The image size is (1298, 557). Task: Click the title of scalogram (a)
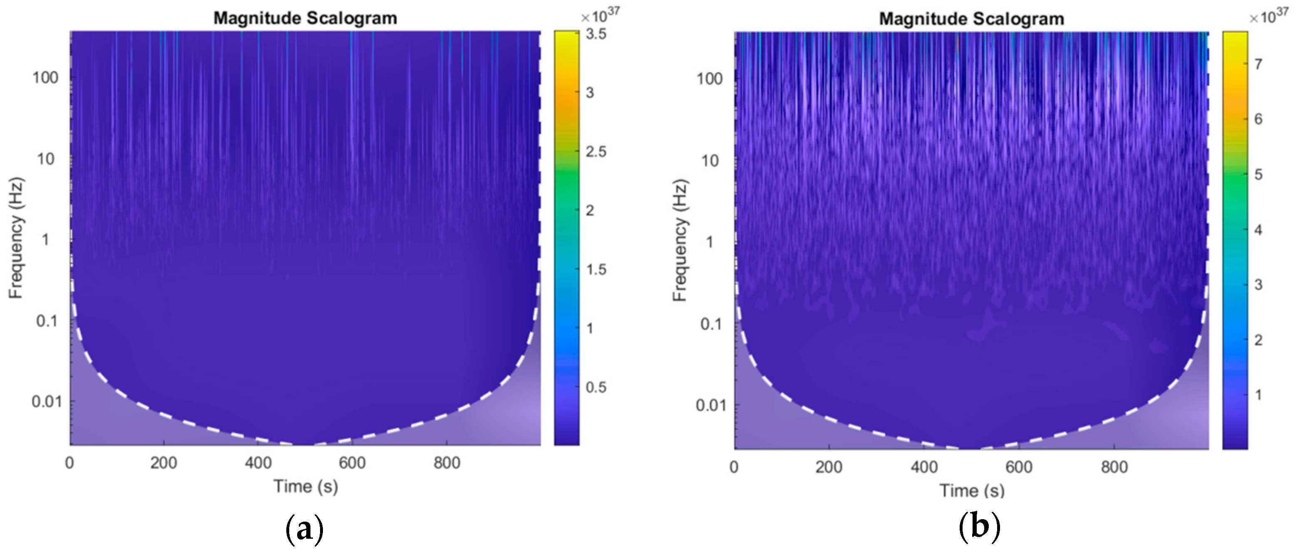tap(305, 18)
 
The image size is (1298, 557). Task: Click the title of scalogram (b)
tap(971, 19)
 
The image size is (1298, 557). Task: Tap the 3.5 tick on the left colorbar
tap(596, 34)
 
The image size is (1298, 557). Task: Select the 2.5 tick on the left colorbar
tap(596, 151)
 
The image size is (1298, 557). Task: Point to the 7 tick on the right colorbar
tap(1258, 64)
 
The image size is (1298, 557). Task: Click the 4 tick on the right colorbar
tap(1258, 230)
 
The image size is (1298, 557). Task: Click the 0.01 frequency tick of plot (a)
tap(46, 401)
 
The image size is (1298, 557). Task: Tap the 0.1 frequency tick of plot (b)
tap(710, 324)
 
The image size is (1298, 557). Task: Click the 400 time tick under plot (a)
tap(258, 462)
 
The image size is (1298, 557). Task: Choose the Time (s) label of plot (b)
tap(971, 490)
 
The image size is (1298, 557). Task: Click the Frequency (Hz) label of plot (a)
tap(16, 238)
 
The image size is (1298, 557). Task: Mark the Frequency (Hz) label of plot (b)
tap(680, 240)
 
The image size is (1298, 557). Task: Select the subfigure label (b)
tap(979, 528)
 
